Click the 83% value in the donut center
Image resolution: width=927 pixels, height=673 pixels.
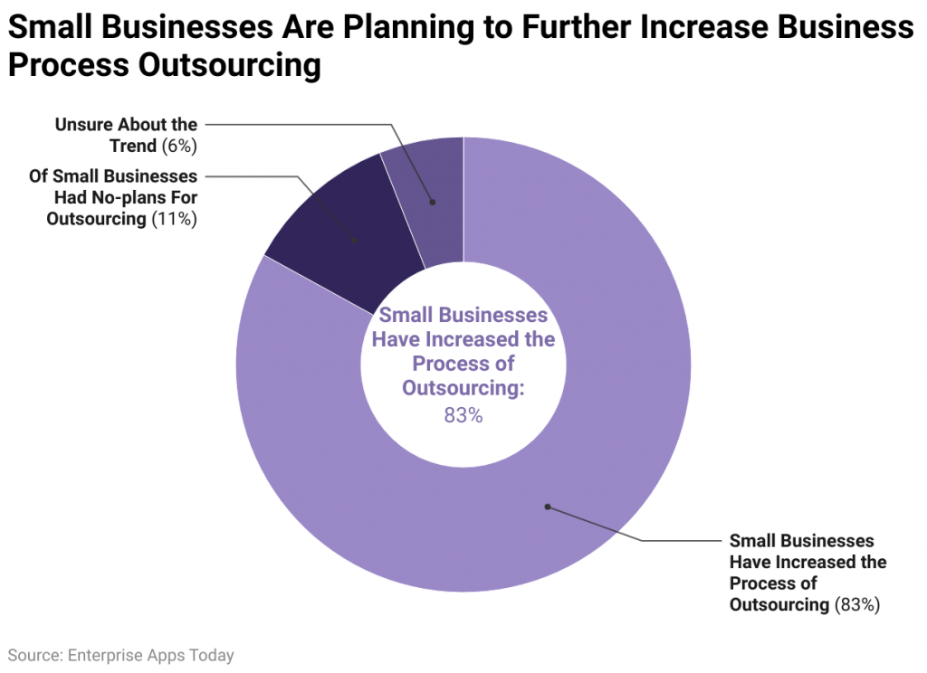click(463, 416)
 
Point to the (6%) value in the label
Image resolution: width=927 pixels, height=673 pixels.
click(180, 145)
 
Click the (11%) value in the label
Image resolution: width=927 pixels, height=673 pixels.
click(176, 218)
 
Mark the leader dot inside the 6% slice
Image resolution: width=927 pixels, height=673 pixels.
click(432, 203)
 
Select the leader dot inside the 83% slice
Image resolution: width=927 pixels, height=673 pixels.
click(547, 507)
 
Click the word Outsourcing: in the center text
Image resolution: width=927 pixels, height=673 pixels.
click(463, 388)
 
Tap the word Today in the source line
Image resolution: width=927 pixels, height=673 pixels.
click(212, 656)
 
